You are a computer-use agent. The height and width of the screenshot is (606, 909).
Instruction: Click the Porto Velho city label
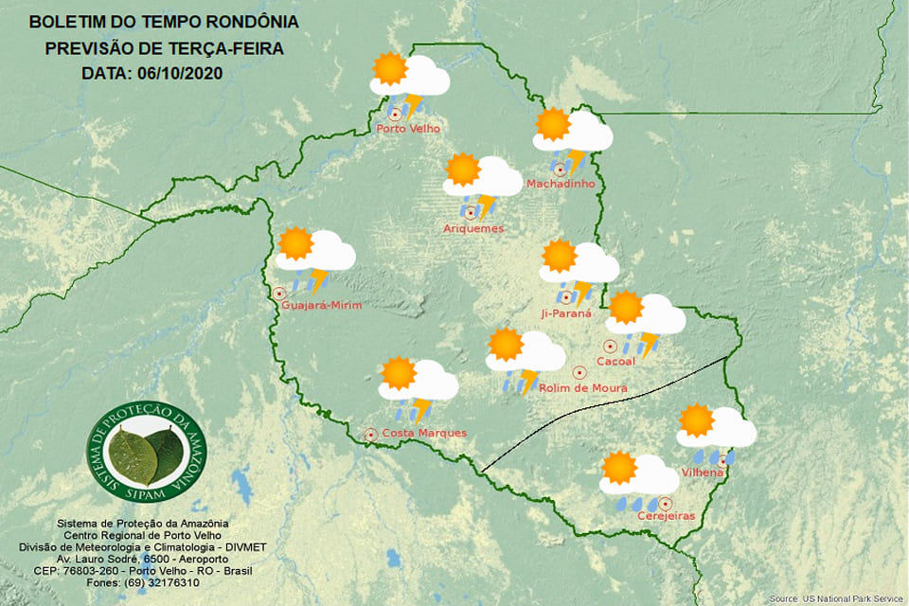[408, 129]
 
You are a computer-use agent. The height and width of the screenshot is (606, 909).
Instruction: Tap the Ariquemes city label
[473, 228]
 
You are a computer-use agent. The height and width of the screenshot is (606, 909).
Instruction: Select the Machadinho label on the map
[561, 184]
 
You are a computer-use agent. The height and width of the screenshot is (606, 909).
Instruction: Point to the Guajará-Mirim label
[322, 305]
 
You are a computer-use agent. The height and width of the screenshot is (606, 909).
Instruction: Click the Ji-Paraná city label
[566, 313]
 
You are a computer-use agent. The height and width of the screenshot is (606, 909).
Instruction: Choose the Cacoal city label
[615, 361]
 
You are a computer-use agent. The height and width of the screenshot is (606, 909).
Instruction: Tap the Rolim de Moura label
[583, 386]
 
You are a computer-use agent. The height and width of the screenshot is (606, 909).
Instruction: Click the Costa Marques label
[423, 433]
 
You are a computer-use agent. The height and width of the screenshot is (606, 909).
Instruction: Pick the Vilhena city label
[703, 472]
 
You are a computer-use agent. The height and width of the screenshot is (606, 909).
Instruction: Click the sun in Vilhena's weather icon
[697, 420]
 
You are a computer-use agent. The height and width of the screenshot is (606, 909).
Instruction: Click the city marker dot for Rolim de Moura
[579, 371]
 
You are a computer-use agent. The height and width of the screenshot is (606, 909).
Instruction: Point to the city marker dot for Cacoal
[611, 347]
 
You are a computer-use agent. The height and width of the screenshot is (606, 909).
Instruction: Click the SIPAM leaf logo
[146, 453]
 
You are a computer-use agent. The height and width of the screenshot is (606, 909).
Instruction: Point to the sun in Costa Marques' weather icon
[398, 374]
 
